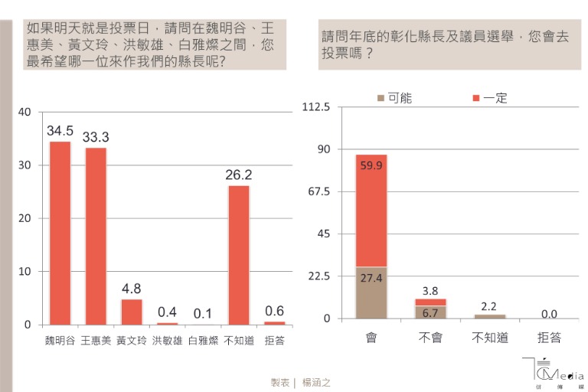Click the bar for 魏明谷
click(x=60, y=234)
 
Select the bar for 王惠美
click(x=96, y=237)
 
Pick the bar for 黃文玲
click(x=132, y=312)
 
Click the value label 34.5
click(x=60, y=131)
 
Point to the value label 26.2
click(x=239, y=175)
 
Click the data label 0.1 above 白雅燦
click(x=203, y=312)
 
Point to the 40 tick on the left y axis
click(x=24, y=113)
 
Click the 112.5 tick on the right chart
click(x=315, y=107)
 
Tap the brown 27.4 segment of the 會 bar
click(x=371, y=292)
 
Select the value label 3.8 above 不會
click(x=430, y=291)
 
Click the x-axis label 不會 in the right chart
click(x=430, y=338)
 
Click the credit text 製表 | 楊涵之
click(x=300, y=381)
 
